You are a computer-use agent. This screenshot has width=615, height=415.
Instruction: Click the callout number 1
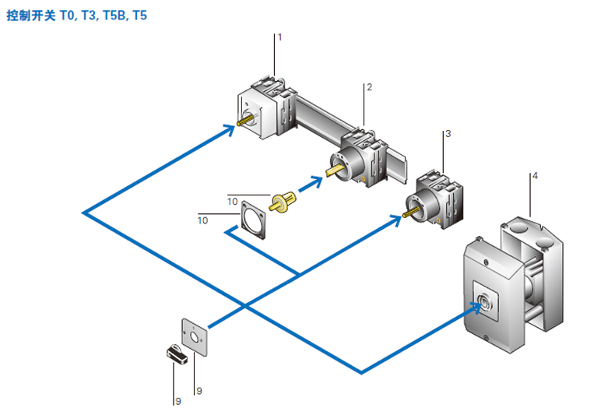[279, 37]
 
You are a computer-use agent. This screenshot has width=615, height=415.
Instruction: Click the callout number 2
[369, 86]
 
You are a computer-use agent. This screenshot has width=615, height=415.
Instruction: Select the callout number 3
[448, 134]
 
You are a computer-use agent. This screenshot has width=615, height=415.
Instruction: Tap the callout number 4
[535, 176]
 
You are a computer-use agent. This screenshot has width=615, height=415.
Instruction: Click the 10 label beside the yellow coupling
[232, 200]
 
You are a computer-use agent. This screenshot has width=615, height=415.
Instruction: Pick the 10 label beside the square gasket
[202, 220]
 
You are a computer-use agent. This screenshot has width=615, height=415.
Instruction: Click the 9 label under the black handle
[177, 401]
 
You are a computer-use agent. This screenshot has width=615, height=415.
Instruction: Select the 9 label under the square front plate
[199, 390]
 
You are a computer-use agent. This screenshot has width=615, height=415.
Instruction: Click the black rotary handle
[179, 354]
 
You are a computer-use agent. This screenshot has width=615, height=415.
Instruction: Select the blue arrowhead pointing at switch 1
[230, 130]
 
